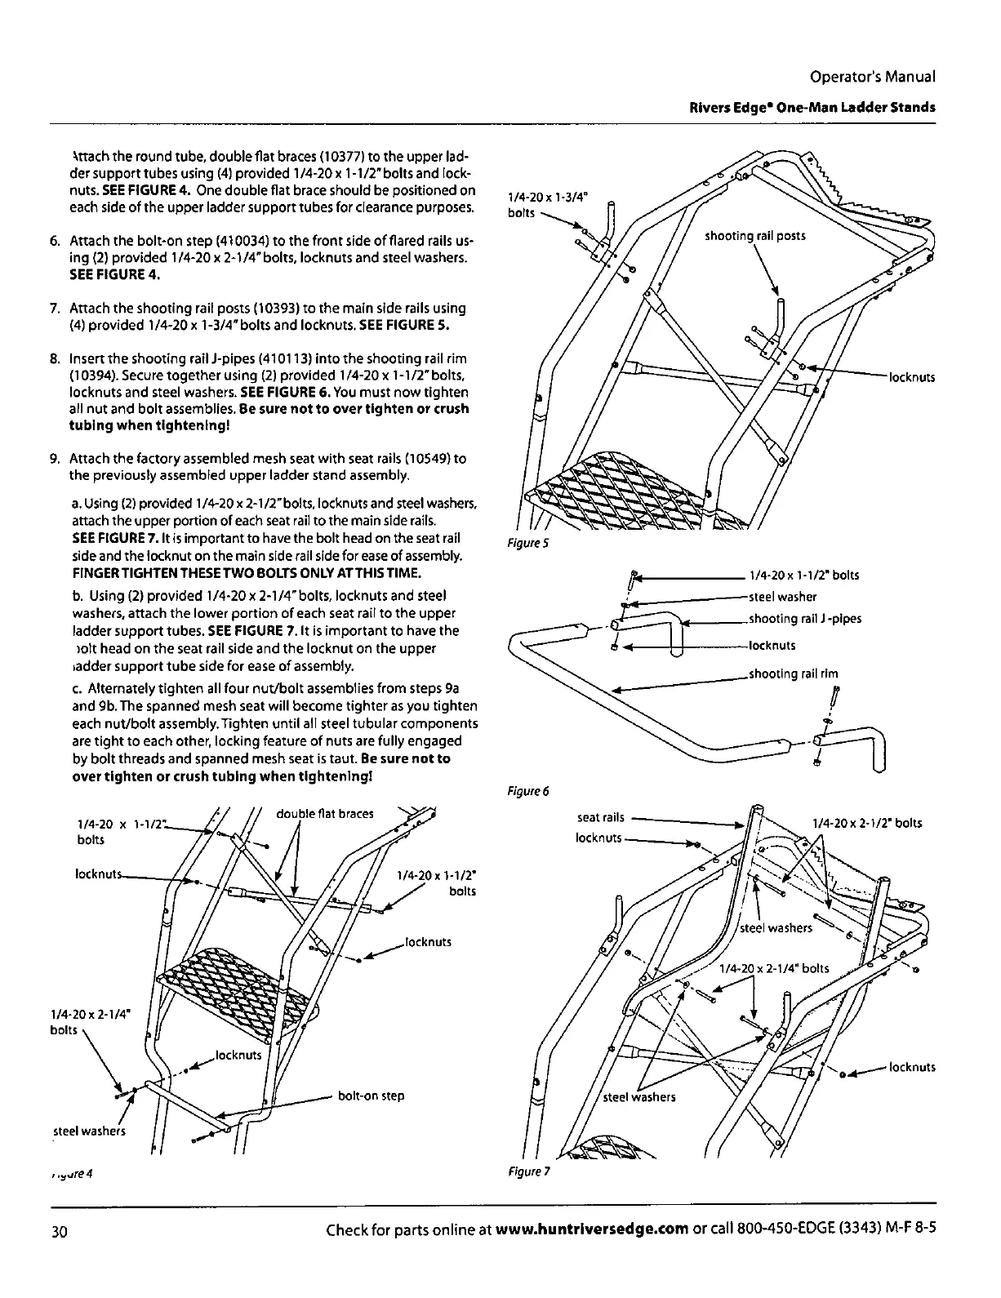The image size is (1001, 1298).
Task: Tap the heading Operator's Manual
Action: coord(872,77)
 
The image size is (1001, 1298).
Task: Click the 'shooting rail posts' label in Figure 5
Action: coord(754,236)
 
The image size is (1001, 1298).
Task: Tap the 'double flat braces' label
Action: coord(325,813)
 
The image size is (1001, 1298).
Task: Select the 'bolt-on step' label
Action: coord(371,1096)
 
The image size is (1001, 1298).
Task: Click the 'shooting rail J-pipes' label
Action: coord(804,619)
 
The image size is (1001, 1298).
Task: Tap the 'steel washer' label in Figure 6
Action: coord(782,597)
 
